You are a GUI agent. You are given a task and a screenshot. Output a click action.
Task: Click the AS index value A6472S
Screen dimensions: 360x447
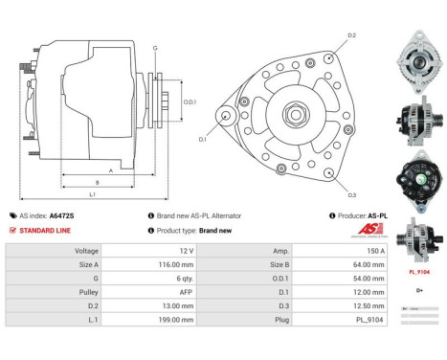[x=62, y=215]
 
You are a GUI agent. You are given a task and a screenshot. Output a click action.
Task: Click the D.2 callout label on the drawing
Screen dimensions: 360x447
[x=351, y=35]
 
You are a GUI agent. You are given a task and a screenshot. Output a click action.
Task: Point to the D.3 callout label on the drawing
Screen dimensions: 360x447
[x=351, y=195]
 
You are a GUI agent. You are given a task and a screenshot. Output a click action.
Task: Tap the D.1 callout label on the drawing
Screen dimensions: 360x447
[x=202, y=139]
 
